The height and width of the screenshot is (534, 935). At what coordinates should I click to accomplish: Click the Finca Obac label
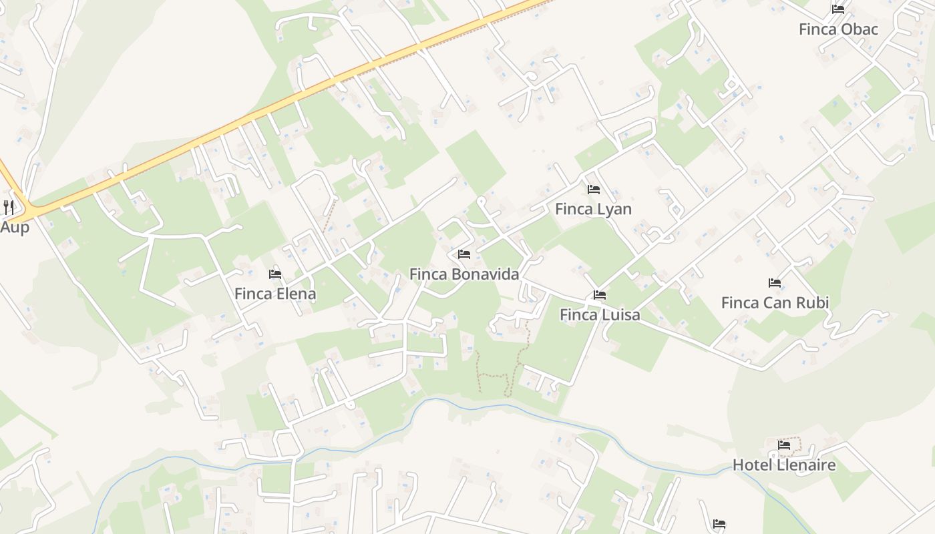click(x=838, y=29)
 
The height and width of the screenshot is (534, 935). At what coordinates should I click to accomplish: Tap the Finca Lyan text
click(x=593, y=209)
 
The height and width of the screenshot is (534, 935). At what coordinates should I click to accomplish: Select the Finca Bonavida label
click(x=463, y=274)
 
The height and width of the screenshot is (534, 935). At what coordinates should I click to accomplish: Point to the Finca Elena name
click(x=274, y=294)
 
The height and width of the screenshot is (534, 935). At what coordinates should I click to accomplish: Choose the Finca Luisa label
click(x=599, y=315)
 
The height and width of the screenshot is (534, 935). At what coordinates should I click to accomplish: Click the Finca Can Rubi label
click(x=775, y=303)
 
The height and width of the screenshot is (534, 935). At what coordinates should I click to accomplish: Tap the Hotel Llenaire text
click(x=783, y=465)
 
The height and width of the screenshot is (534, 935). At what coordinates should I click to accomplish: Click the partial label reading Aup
click(x=14, y=227)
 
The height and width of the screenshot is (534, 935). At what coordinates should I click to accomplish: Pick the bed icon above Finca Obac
click(x=838, y=9)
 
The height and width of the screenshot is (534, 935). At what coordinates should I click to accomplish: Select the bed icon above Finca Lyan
click(x=593, y=190)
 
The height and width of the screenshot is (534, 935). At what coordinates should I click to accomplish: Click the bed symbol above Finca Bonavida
click(x=464, y=254)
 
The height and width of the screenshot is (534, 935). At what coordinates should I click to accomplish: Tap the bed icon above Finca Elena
click(x=274, y=274)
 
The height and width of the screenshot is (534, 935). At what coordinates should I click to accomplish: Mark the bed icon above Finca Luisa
click(x=599, y=295)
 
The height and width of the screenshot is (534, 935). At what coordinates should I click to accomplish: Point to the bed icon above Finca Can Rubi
click(x=775, y=283)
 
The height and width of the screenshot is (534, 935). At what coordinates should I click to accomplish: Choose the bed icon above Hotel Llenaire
click(x=783, y=445)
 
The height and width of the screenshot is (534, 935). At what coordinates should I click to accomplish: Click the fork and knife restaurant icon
click(x=8, y=207)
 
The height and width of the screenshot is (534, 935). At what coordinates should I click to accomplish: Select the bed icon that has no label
click(x=719, y=524)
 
